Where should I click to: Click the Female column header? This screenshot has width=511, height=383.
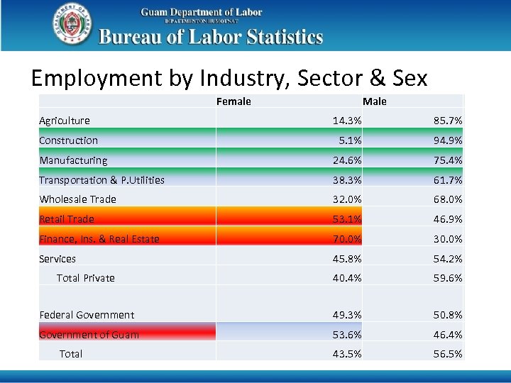(x=233, y=101)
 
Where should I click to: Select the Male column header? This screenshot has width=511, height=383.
(x=375, y=101)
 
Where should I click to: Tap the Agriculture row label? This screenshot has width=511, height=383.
(x=65, y=121)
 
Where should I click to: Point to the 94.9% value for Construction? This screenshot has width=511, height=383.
(x=448, y=140)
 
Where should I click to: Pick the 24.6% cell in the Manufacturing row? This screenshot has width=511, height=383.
(x=347, y=160)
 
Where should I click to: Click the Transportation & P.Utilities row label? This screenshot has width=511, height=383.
(x=101, y=180)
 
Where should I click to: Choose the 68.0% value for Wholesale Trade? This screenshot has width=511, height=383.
(x=448, y=199)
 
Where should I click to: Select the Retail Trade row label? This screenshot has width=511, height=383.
(x=67, y=219)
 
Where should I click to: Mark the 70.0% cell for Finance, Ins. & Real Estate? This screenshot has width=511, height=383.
(x=347, y=239)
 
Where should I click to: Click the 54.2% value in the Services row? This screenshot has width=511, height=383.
(x=448, y=259)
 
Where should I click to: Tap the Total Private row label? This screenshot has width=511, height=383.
(x=85, y=278)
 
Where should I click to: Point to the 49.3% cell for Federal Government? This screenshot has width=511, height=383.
(x=347, y=315)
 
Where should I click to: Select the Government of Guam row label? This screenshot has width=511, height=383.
(x=89, y=335)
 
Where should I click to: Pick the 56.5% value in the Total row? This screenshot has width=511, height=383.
(x=448, y=354)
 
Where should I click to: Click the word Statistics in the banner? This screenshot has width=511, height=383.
(x=281, y=37)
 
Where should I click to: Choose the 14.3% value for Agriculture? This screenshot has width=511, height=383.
(x=347, y=121)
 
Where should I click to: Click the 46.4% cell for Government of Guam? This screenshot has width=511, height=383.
(x=448, y=335)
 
